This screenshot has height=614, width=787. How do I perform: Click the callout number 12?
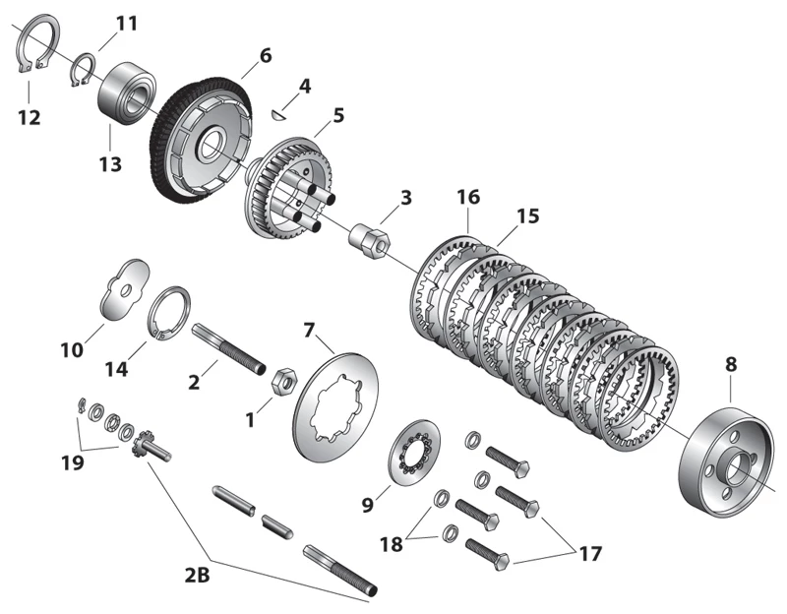(x=29, y=117)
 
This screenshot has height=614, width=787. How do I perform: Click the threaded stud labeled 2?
(x=232, y=349)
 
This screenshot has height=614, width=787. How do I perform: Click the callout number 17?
(x=587, y=554)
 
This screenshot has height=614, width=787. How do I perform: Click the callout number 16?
(x=467, y=197)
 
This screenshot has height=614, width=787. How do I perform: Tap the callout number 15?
(x=528, y=215)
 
